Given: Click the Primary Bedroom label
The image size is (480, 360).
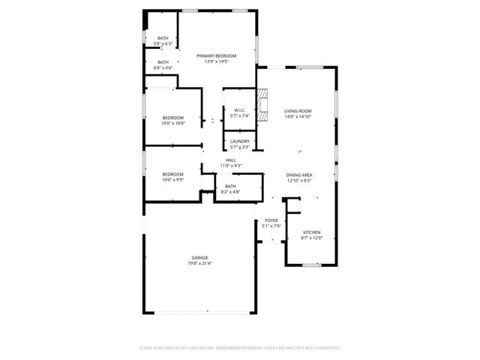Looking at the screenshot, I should tap(216, 56).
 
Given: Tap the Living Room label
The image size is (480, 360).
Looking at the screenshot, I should tap(298, 111).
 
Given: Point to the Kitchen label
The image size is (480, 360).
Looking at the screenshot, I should tap(311, 232).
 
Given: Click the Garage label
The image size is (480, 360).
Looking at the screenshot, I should tap(199, 258).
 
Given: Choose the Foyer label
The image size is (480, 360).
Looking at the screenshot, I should tap(271, 220).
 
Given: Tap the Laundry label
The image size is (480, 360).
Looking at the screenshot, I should tap(240, 142).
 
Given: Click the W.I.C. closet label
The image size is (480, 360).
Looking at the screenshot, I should tap(240, 111).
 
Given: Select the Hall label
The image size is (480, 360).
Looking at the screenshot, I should tap(230, 160).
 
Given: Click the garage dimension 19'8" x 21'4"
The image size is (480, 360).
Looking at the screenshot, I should tap(199, 263).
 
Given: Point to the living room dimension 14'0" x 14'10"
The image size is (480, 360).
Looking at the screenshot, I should tap(298, 117).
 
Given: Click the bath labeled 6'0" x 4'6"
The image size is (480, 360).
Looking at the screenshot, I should tap(163, 68).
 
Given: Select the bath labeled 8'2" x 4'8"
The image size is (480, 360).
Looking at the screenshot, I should tap(230, 192).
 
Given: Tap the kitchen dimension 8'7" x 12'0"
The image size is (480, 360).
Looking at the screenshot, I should tap(311, 238).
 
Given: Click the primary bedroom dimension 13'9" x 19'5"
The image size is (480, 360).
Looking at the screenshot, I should tap(216, 61).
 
